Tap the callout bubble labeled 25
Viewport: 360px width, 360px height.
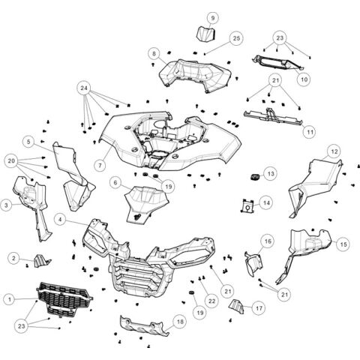(x=236, y=37)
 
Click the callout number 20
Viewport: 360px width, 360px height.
(x=11, y=160)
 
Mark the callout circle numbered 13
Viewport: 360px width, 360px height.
(x=271, y=173)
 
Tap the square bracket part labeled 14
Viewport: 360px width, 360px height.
(x=245, y=203)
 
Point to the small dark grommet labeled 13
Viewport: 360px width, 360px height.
(x=254, y=177)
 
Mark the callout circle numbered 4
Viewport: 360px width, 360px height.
(x=59, y=220)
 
